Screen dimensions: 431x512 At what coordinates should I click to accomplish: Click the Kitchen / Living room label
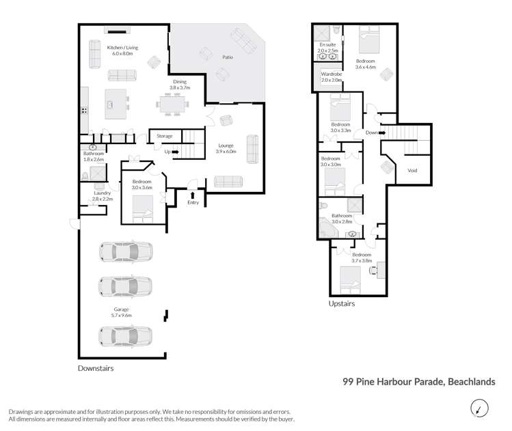click(122, 47)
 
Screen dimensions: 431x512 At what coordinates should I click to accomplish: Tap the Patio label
click(227, 57)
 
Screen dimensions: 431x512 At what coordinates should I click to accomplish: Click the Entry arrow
click(192, 195)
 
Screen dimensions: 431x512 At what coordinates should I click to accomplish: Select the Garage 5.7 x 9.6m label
click(122, 313)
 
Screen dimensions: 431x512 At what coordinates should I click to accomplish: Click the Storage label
click(165, 136)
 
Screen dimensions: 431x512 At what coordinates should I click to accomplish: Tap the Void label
click(412, 170)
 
